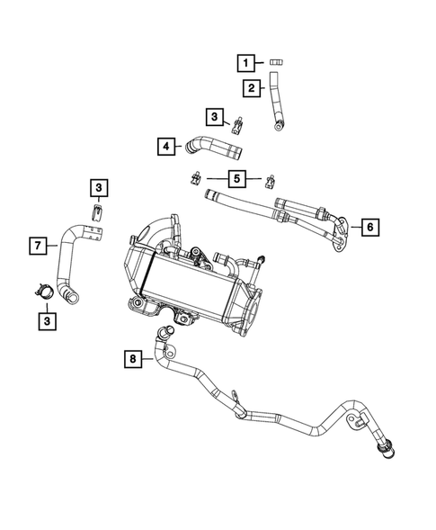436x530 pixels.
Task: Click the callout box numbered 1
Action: coord(244,62)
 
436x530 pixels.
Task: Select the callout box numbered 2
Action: coord(253,87)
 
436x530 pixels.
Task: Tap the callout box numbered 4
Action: coord(165,145)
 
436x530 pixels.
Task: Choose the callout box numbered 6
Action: coord(369,227)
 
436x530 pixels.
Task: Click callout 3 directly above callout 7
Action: coord(98,187)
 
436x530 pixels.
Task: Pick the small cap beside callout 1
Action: coord(277,61)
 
